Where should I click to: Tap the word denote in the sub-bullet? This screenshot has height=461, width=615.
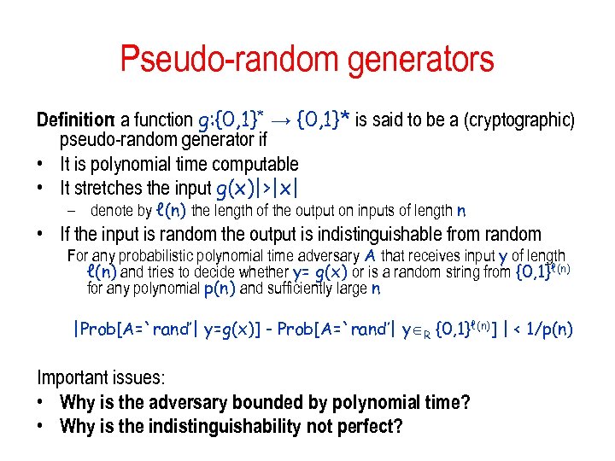point(111,211)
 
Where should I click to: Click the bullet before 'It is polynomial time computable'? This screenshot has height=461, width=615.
point(42,164)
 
